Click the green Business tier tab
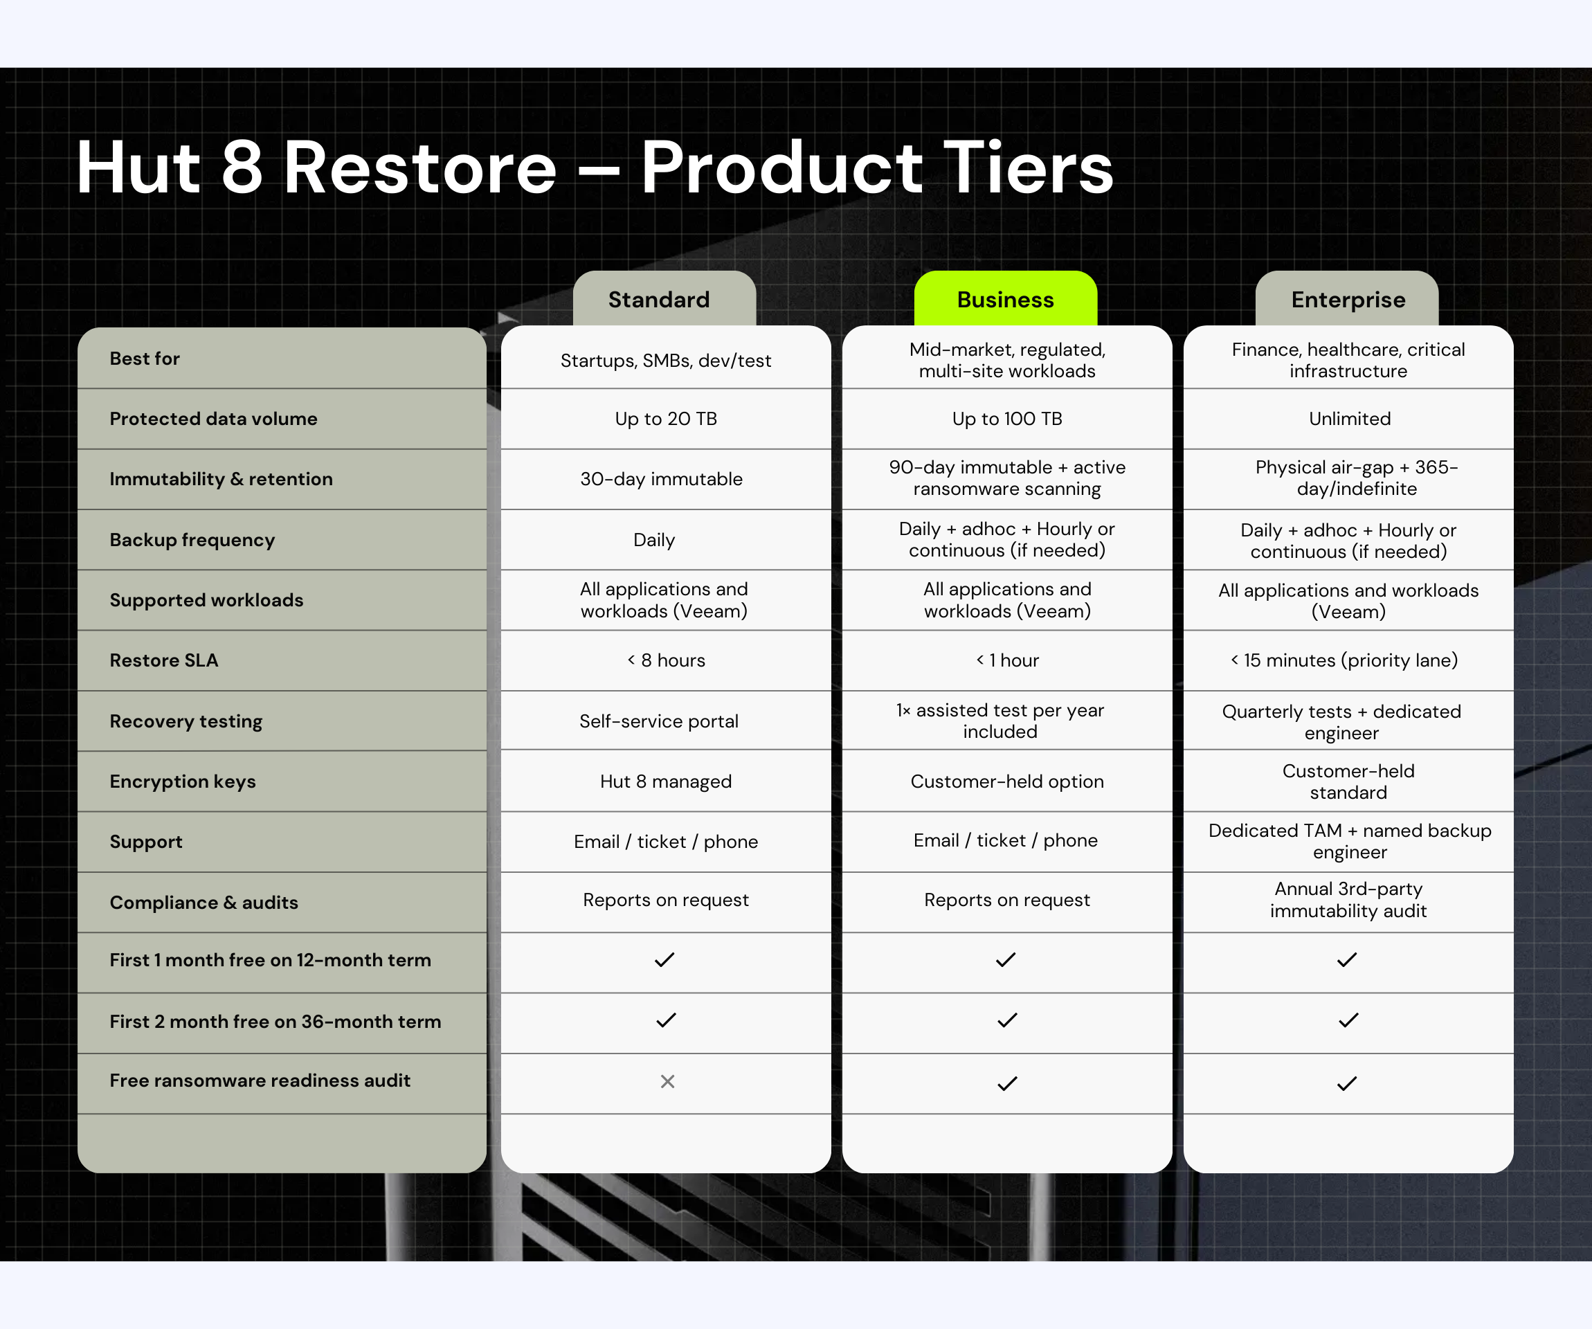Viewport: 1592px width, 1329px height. point(1005,299)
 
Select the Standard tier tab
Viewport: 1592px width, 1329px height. point(664,299)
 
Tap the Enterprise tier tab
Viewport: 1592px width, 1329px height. point(1347,299)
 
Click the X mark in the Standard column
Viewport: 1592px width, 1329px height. point(667,1081)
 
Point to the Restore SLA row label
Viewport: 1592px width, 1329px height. point(164,660)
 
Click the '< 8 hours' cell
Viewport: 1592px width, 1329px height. point(666,660)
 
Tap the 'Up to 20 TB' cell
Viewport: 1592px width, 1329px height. point(666,419)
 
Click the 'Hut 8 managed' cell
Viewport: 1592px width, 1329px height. point(666,781)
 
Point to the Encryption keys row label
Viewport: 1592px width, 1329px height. point(183,781)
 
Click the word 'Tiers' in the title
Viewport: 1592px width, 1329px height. point(1028,168)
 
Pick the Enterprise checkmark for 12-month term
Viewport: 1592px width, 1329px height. point(1347,960)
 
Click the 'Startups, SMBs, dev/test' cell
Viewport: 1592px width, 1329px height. point(666,361)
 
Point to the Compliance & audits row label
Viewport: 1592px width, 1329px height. point(204,902)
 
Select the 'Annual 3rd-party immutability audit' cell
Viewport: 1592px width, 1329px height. point(1348,900)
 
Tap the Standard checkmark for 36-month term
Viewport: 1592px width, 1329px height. point(666,1020)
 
